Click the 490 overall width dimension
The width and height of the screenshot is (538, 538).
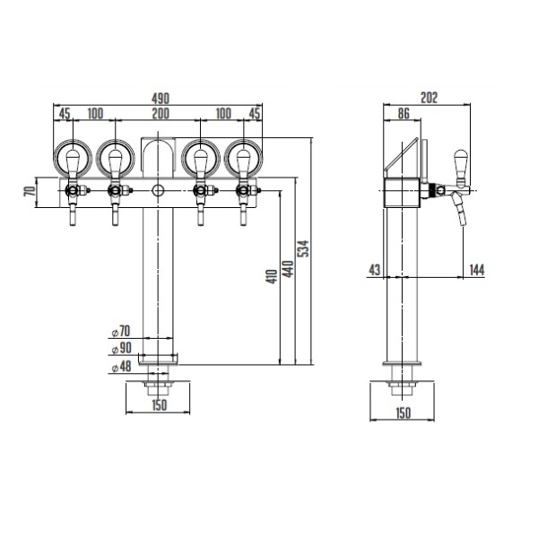pos(161,99)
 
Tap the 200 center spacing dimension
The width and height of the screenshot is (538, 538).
pos(161,113)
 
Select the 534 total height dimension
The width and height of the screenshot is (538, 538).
pos(303,248)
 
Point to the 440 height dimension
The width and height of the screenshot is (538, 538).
pos(288,269)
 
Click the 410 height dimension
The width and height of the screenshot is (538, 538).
pos(272,276)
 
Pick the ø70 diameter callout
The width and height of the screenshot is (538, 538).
pos(121,331)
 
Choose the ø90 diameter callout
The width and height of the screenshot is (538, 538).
pos(122,348)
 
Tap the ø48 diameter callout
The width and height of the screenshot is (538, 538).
pos(122,367)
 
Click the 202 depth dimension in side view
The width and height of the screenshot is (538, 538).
pos(429,98)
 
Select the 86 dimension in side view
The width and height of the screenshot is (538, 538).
pos(403,113)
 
